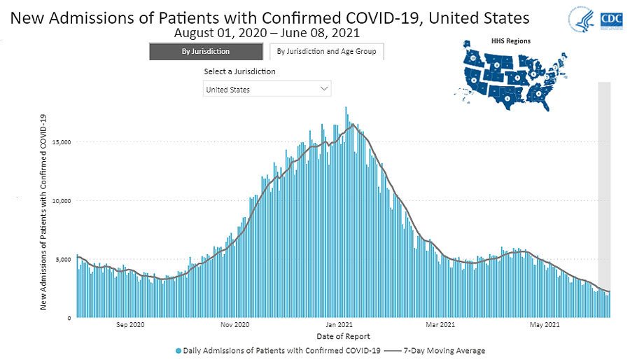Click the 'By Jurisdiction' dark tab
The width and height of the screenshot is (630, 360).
[x=206, y=51]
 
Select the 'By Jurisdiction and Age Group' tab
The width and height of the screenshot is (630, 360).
[x=326, y=51]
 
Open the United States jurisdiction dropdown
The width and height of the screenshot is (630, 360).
[x=267, y=89]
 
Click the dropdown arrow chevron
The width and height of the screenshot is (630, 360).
[x=323, y=89]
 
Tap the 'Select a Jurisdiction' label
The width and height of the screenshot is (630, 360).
[x=239, y=71]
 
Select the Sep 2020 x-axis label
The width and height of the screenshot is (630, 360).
[x=130, y=325]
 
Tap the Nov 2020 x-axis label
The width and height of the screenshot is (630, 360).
[x=234, y=325]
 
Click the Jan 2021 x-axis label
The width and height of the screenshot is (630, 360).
[x=340, y=325]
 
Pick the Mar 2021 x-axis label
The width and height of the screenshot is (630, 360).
[x=441, y=325]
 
